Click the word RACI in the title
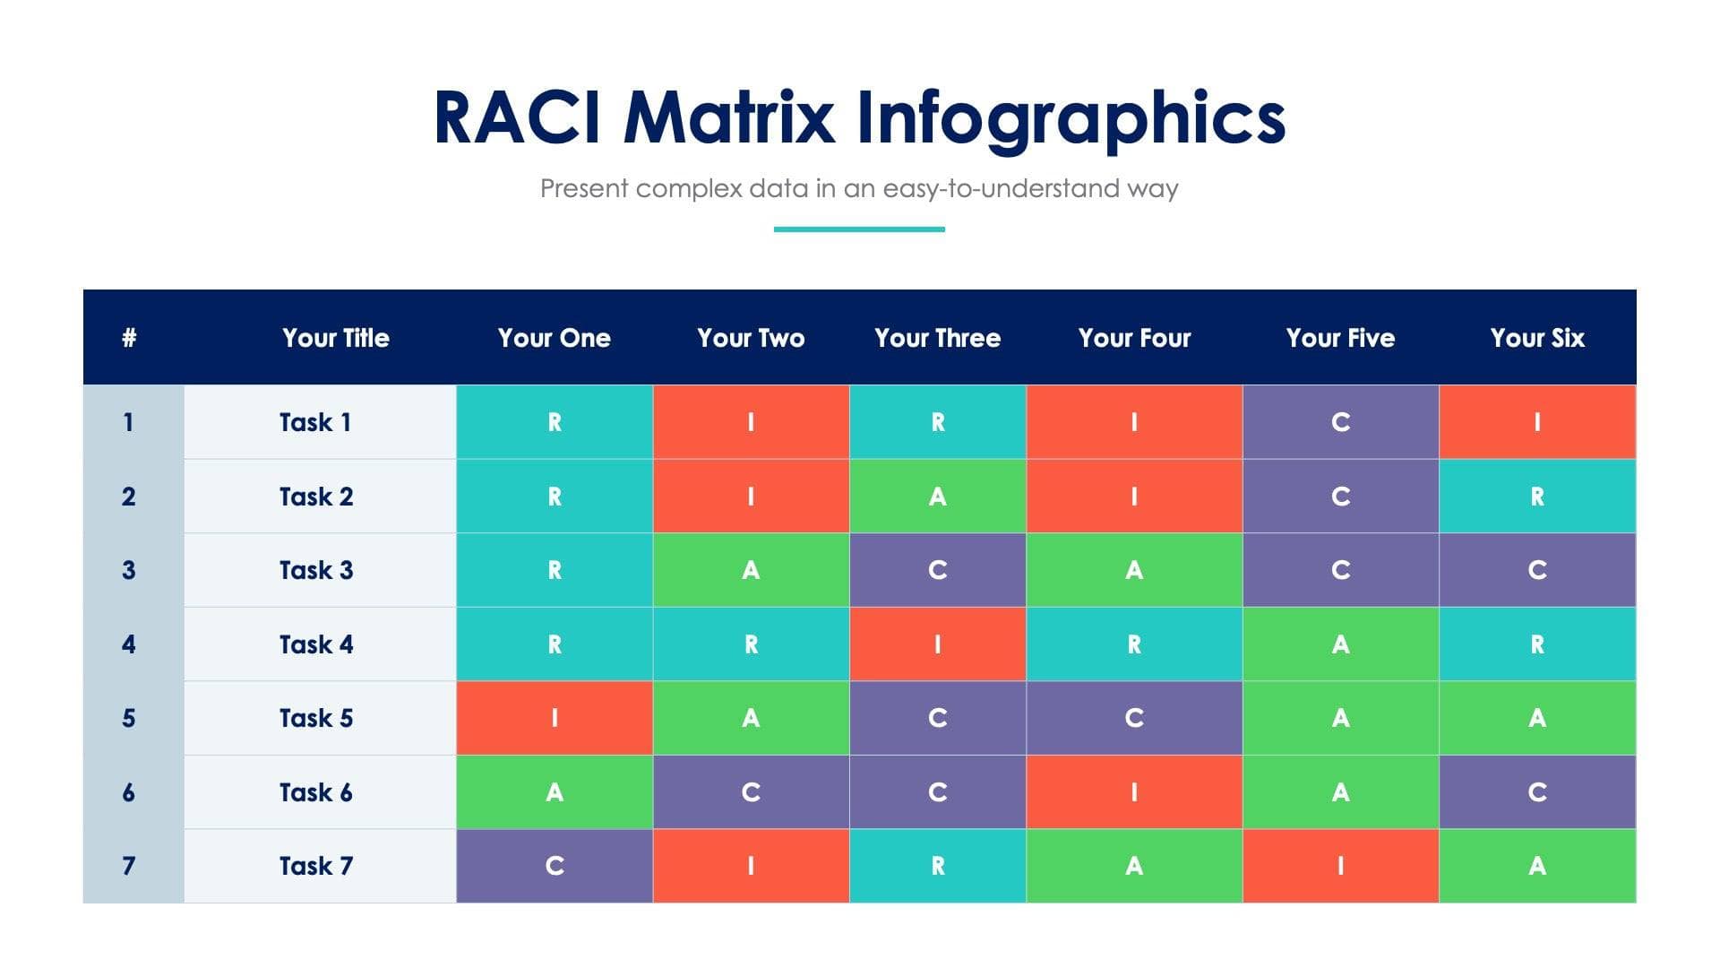[517, 118]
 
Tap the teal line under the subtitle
[859, 229]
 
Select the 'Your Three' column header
[937, 338]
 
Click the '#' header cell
[129, 338]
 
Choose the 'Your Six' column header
[1537, 338]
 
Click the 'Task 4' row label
[316, 644]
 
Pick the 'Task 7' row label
[316, 866]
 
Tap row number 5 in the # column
[129, 718]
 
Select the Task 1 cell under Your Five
[1340, 422]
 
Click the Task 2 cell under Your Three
[937, 497]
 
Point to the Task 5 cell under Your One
[555, 718]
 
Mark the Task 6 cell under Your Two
[751, 792]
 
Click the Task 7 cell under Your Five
[1340, 866]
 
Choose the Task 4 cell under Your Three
[937, 644]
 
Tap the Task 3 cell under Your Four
[1134, 570]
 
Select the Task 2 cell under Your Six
[1537, 497]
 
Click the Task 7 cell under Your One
[555, 866]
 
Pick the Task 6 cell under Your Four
[1134, 792]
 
